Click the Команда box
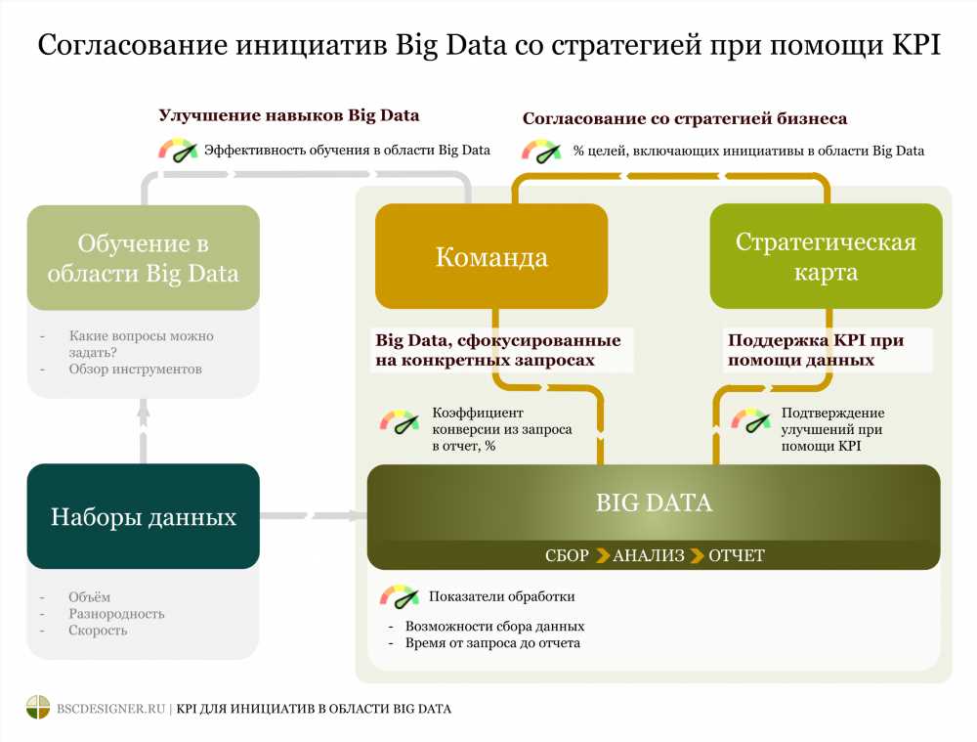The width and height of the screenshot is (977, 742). point(491,256)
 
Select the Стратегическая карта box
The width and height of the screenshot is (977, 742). point(826,256)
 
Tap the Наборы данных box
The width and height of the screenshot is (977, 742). point(144,516)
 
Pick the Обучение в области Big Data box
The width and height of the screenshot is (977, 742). point(144,257)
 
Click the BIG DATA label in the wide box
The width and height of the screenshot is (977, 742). point(654,502)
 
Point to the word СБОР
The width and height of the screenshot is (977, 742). point(567,555)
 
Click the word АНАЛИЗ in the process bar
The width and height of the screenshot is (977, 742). point(649,555)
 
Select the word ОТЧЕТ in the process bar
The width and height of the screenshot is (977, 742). point(737,555)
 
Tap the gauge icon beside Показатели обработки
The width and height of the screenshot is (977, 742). point(400,596)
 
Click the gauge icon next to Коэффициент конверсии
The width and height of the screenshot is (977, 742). point(400,421)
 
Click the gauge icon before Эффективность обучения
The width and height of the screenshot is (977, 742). point(178,151)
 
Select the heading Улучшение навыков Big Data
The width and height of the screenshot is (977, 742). point(288,115)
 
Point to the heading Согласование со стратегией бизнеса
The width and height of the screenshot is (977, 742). point(685,118)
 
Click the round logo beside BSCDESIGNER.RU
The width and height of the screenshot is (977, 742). point(38,707)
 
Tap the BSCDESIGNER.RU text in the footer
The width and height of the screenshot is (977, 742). point(111,709)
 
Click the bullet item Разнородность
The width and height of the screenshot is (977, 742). point(116,614)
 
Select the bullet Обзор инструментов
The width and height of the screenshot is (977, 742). point(135,369)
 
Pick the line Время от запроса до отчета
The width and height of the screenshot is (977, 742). point(492,643)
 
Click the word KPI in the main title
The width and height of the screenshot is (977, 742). point(916,45)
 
